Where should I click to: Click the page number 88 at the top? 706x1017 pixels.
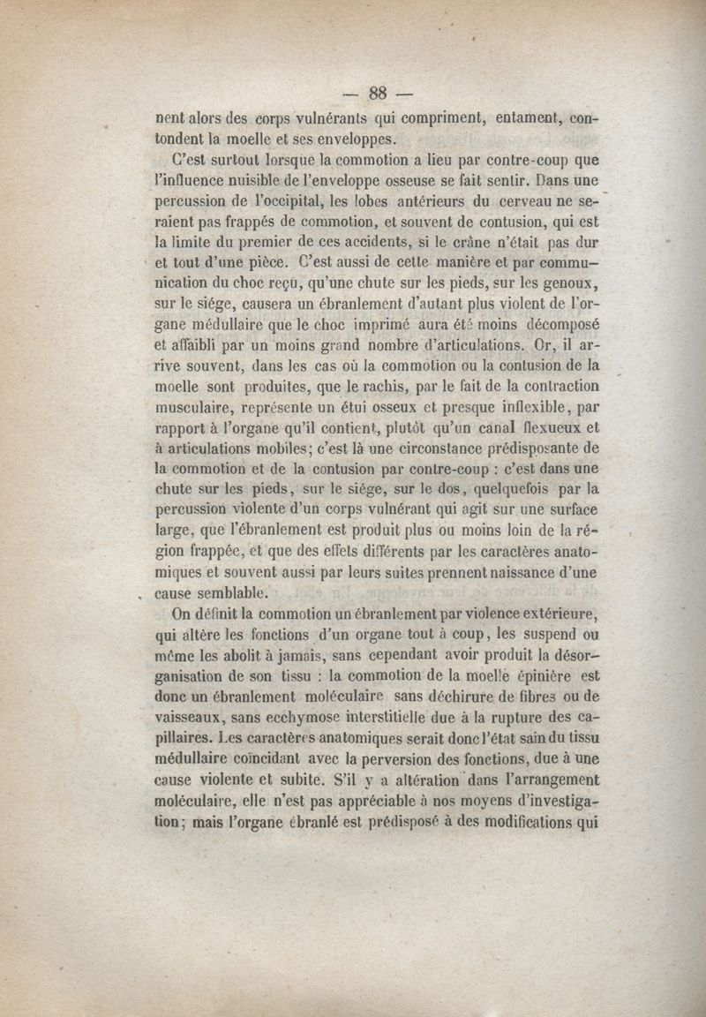point(379,93)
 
